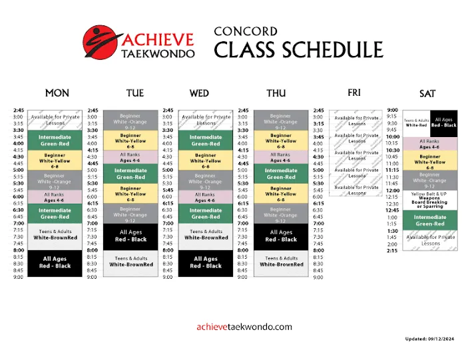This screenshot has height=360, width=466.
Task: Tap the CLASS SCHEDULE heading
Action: (298, 51)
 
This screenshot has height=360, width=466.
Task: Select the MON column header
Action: (57, 93)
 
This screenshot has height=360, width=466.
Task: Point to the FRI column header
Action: (353, 92)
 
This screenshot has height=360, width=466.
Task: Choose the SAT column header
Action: (427, 93)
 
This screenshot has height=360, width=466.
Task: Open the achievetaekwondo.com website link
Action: (244, 327)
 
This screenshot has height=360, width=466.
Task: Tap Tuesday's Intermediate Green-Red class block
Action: (130, 174)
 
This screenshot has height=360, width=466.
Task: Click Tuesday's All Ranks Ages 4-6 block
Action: (130, 158)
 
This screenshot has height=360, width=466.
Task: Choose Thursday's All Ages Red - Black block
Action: (281, 236)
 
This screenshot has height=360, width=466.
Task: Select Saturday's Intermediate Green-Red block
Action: (430, 220)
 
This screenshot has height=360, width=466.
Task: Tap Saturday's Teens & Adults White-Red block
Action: (416, 122)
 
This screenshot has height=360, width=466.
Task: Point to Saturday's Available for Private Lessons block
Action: (430, 240)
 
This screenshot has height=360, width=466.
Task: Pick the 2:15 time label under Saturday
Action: (393, 251)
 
